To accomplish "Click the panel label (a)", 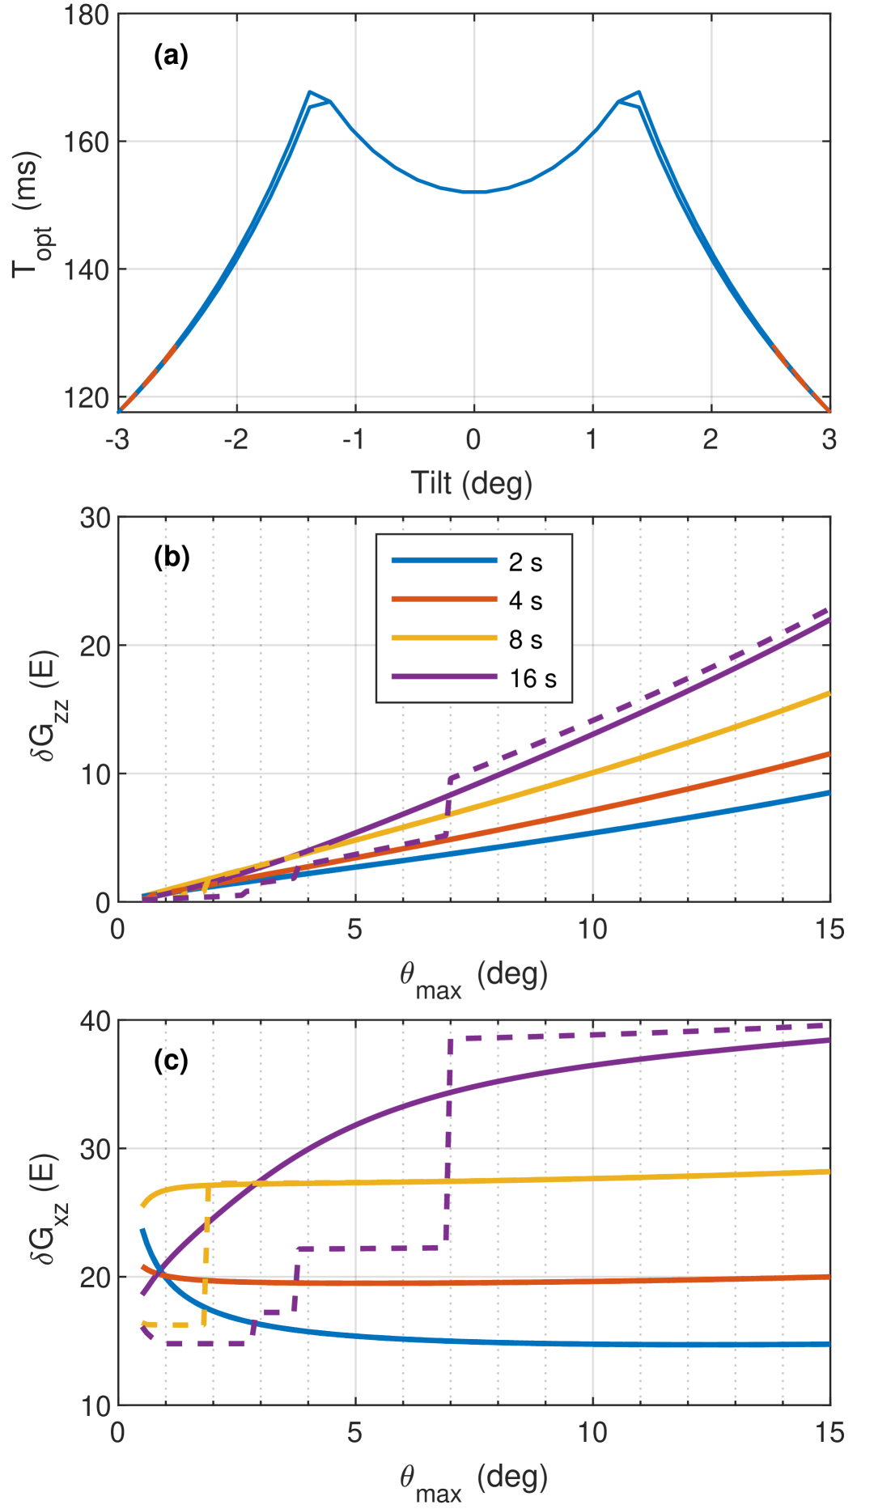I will (x=171, y=56).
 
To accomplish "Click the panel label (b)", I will (x=172, y=557).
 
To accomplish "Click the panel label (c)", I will (x=171, y=1060).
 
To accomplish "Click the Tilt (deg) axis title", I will (x=472, y=483).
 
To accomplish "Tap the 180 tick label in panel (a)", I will (x=87, y=15).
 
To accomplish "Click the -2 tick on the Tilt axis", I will (x=235, y=439).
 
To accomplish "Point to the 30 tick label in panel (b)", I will (x=95, y=519).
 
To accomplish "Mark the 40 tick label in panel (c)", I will (x=95, y=1022).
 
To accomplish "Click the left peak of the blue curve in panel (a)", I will (x=309, y=92).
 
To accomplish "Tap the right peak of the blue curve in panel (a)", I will (x=639, y=92).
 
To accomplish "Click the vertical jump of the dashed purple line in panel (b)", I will (x=448, y=807).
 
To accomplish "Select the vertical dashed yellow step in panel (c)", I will (x=207, y=1254).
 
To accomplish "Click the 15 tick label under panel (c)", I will (x=829, y=1433).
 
